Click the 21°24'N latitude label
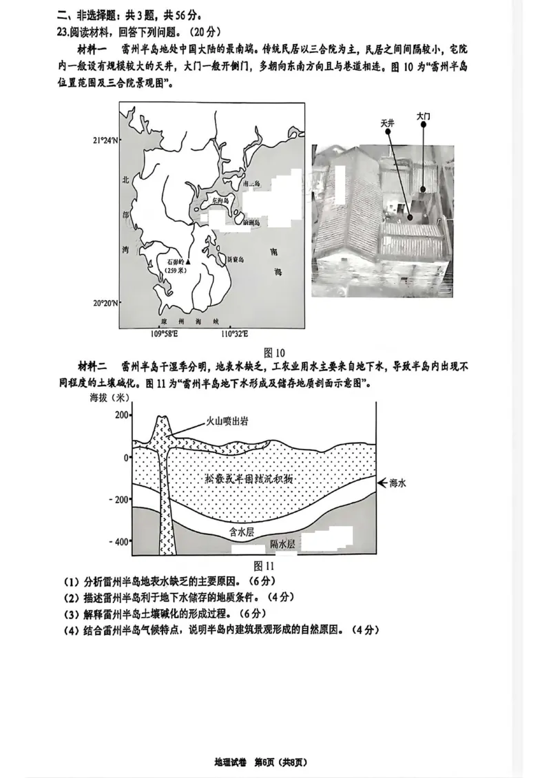(105, 140)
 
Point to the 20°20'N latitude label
(105, 304)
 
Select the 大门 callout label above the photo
(423, 117)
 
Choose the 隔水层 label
(282, 544)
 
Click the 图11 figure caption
(264, 565)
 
